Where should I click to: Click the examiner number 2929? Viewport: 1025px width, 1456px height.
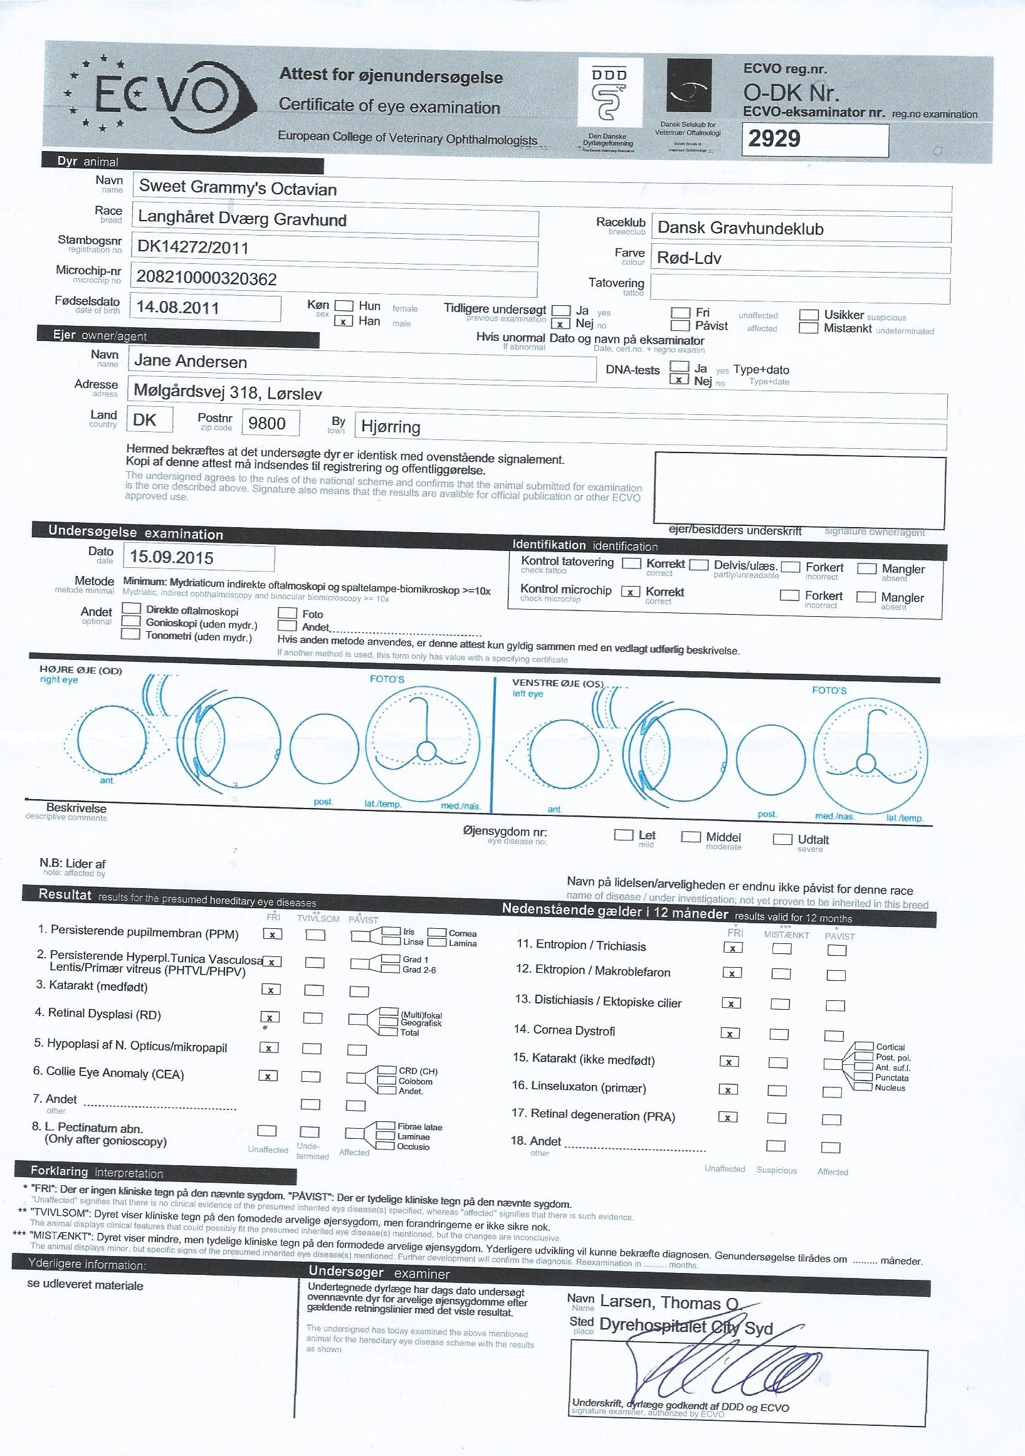click(774, 139)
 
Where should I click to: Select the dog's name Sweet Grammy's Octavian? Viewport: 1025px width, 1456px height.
click(237, 188)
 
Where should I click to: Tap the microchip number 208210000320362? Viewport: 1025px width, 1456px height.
click(207, 279)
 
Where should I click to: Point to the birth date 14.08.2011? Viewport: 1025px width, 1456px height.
click(177, 308)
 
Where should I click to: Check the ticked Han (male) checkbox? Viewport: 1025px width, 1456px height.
click(343, 322)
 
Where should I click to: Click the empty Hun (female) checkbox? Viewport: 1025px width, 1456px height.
click(343, 306)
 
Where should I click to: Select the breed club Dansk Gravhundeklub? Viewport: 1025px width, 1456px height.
click(740, 228)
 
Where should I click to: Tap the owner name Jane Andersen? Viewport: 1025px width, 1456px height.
click(191, 362)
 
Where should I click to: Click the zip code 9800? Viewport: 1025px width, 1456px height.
click(267, 423)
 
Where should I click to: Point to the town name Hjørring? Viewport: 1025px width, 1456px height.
click(391, 427)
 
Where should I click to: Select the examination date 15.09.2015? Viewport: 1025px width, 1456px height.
click(171, 558)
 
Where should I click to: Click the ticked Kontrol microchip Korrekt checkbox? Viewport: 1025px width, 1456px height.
click(630, 592)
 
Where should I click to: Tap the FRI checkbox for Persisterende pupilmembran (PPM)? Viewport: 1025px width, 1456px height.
click(273, 934)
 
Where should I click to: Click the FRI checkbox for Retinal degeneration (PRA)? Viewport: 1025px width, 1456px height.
click(728, 1118)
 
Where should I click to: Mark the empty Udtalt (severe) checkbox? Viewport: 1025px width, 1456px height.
click(782, 840)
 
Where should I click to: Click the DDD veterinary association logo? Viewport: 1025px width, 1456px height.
click(609, 95)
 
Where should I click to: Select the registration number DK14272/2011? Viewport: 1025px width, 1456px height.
click(193, 248)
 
